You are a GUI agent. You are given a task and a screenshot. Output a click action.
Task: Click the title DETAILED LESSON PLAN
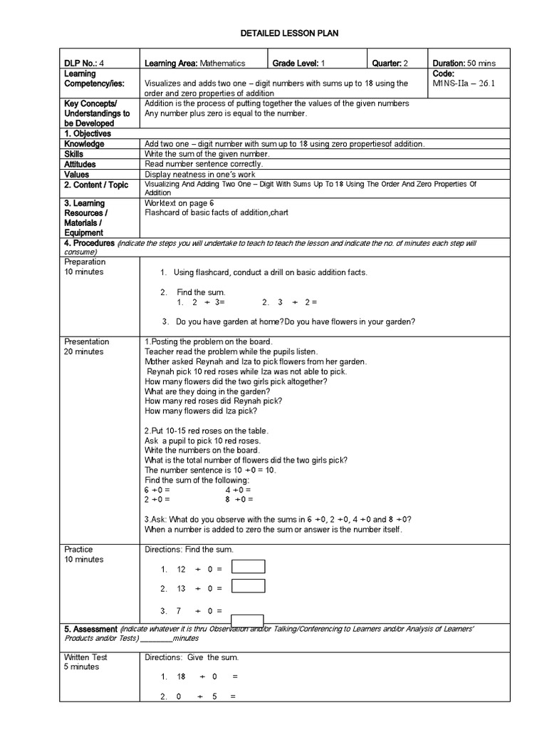pyautogui.click(x=273, y=34)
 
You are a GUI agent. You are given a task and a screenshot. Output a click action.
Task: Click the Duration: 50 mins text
pyautogui.click(x=459, y=63)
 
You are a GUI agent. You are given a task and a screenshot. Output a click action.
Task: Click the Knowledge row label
pyautogui.click(x=84, y=144)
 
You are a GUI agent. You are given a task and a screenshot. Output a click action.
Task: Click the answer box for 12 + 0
pyautogui.click(x=249, y=567)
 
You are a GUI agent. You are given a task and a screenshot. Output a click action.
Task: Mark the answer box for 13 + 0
pyautogui.click(x=249, y=586)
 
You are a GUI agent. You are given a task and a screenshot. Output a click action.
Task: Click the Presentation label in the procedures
pyautogui.click(x=87, y=341)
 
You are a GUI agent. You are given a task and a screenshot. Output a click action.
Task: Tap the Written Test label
pyautogui.click(x=85, y=657)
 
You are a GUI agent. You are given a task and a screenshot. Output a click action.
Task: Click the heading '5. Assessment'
pyautogui.click(x=90, y=629)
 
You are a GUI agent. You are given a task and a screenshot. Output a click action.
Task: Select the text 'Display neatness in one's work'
pyautogui.click(x=202, y=174)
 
